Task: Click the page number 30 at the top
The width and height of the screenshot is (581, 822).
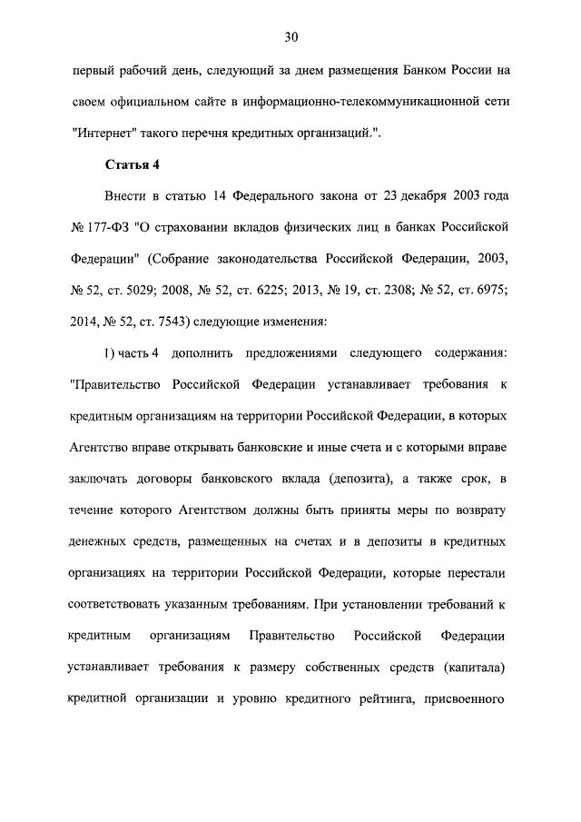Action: [290, 37]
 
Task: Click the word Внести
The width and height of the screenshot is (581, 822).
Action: [126, 195]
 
